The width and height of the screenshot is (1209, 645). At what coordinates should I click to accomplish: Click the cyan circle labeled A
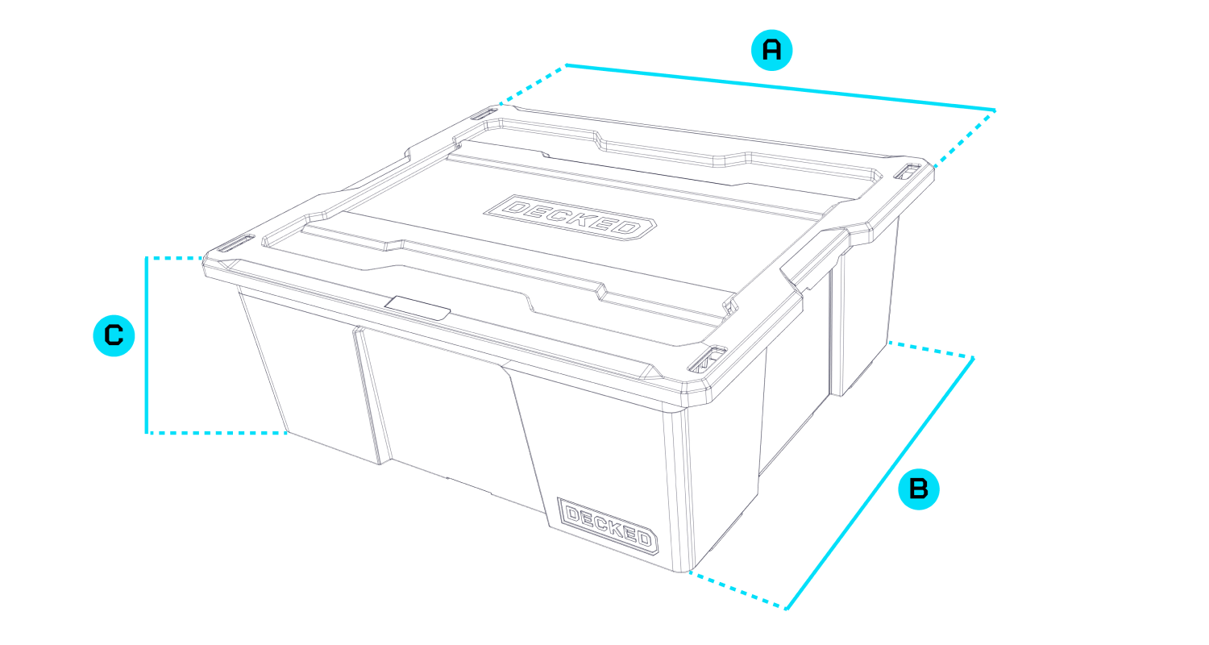tap(772, 50)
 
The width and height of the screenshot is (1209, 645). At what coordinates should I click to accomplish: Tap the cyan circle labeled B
tap(919, 489)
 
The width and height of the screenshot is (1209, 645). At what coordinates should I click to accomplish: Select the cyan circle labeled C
tap(114, 335)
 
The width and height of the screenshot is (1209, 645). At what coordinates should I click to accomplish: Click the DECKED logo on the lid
tap(570, 218)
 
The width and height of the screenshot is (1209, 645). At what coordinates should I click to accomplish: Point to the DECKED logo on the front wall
tap(608, 526)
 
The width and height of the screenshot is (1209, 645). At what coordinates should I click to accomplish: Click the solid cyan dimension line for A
tap(780, 87)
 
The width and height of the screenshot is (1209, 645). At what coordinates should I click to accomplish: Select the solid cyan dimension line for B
tap(880, 484)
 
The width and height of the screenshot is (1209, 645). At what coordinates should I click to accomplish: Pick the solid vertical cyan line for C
tap(146, 345)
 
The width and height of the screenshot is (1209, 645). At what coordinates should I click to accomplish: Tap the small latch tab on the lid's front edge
tap(418, 308)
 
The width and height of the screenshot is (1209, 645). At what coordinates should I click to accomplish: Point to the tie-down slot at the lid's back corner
tap(484, 114)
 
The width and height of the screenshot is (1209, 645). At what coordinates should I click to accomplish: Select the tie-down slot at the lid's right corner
tap(908, 171)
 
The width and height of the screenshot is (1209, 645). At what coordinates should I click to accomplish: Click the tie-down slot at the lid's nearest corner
tap(707, 360)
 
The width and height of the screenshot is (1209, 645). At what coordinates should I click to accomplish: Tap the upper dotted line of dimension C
tap(175, 258)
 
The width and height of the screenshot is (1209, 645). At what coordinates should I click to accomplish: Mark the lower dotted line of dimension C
tap(217, 432)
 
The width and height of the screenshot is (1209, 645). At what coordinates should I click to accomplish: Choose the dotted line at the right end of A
tap(965, 138)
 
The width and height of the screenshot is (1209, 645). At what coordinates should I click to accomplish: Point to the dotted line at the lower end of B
tap(737, 590)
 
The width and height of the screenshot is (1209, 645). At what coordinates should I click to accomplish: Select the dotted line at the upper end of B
tap(931, 349)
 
